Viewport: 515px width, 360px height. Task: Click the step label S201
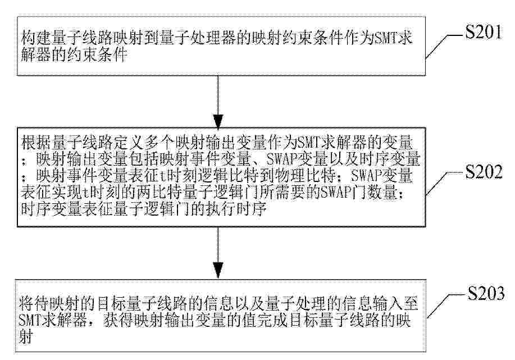tap(484, 32)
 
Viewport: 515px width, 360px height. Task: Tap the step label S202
tap(484, 171)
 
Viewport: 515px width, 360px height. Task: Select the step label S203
tap(486, 293)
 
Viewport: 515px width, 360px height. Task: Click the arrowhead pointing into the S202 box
tap(218, 121)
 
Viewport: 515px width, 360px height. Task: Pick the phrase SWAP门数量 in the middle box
tap(359, 193)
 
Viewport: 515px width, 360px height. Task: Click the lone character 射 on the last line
tap(26, 336)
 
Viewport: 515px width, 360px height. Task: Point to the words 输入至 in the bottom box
tap(396, 303)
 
